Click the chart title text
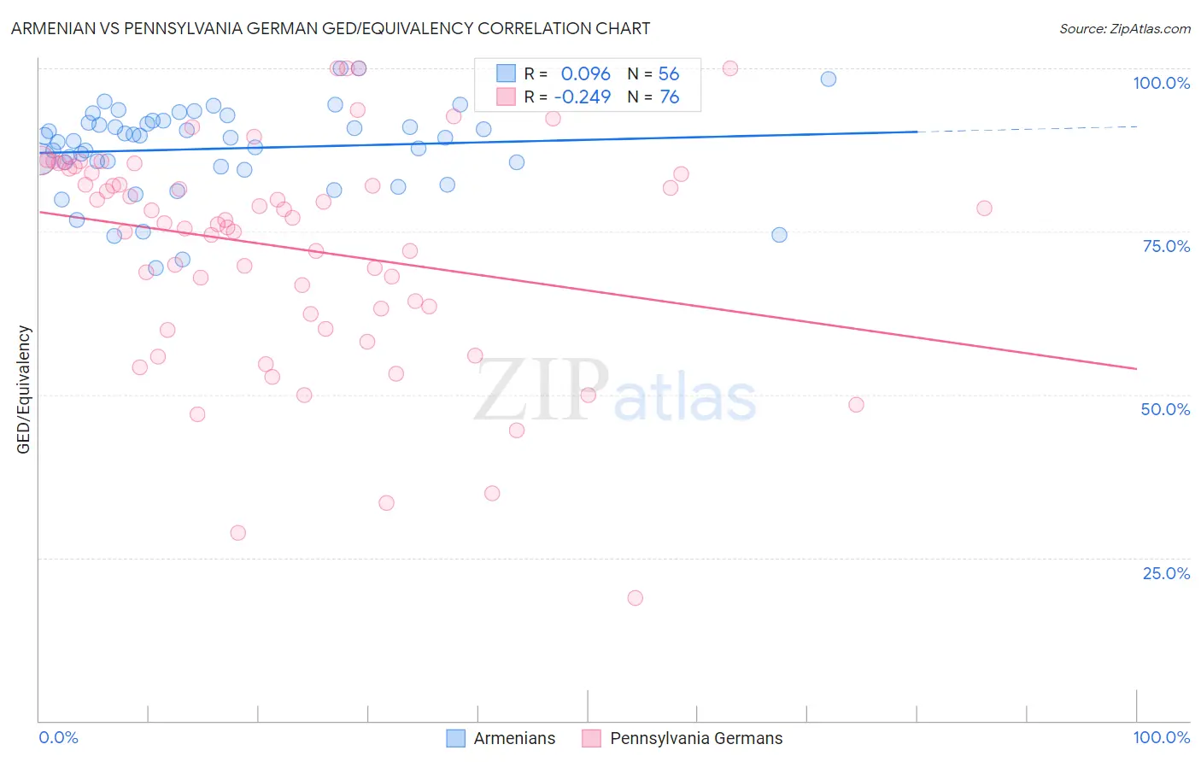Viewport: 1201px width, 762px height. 331,28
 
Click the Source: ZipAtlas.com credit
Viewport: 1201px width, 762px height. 1124,28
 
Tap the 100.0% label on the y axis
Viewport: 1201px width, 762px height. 1161,83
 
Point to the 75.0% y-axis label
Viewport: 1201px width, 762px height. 1166,246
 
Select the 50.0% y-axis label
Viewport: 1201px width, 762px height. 1165,409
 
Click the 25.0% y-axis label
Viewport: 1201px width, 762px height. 1166,572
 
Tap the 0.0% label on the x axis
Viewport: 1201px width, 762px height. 58,737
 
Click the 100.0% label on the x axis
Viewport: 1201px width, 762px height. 1161,737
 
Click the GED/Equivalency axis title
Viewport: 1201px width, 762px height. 24,390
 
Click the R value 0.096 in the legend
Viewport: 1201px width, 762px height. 585,74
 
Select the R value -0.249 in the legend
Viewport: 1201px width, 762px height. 582,97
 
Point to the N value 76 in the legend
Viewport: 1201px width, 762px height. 669,97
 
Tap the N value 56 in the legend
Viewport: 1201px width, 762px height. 669,74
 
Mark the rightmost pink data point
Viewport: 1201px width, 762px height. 984,208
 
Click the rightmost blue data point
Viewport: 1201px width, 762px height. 829,79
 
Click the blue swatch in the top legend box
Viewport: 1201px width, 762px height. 507,74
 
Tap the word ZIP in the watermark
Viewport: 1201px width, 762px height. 542,390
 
